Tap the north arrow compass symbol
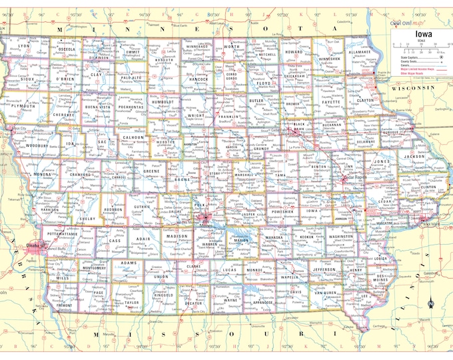431,303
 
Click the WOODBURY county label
37,145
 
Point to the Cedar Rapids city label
350,178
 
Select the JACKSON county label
414,156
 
